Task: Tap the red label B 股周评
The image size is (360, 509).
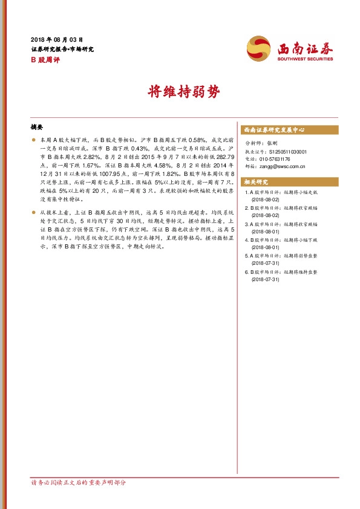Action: click(45, 60)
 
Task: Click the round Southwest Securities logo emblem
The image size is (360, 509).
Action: click(260, 48)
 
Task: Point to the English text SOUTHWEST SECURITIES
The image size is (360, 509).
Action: click(305, 59)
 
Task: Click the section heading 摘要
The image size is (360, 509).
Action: click(37, 128)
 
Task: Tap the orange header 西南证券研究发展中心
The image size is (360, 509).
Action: click(273, 130)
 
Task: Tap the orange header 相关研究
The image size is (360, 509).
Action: click(255, 182)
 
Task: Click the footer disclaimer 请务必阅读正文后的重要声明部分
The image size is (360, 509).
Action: click(78, 482)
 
